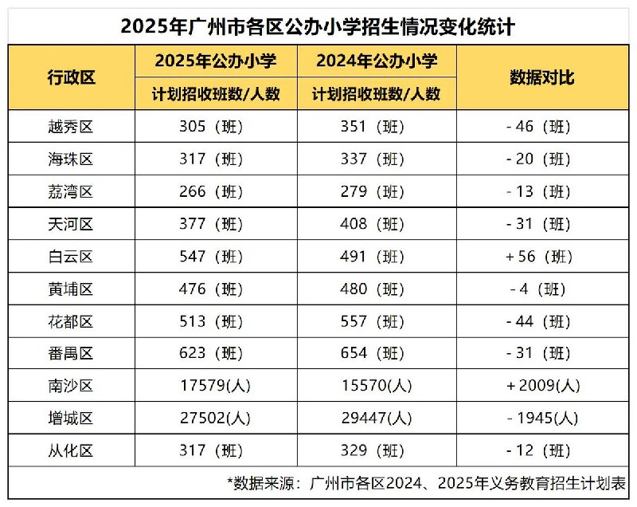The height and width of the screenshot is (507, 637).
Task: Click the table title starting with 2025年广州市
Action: [318, 27]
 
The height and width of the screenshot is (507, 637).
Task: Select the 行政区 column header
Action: [72, 77]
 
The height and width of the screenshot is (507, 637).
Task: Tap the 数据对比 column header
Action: [542, 77]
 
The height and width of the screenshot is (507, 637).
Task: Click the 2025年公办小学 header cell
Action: [216, 61]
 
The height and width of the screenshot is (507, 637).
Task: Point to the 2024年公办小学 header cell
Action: [377, 61]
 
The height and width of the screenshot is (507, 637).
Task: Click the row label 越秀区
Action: [71, 127]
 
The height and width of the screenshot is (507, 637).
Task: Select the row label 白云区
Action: [71, 257]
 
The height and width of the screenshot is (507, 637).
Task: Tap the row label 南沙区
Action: [71, 386]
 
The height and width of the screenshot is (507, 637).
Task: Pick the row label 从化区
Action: [71, 450]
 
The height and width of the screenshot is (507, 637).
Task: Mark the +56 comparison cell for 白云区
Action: [539, 257]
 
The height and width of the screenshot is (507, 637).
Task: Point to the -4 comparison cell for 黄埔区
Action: [538, 289]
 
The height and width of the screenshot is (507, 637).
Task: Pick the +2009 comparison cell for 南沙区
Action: [544, 386]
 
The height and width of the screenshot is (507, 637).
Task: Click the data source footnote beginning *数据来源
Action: [427, 483]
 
